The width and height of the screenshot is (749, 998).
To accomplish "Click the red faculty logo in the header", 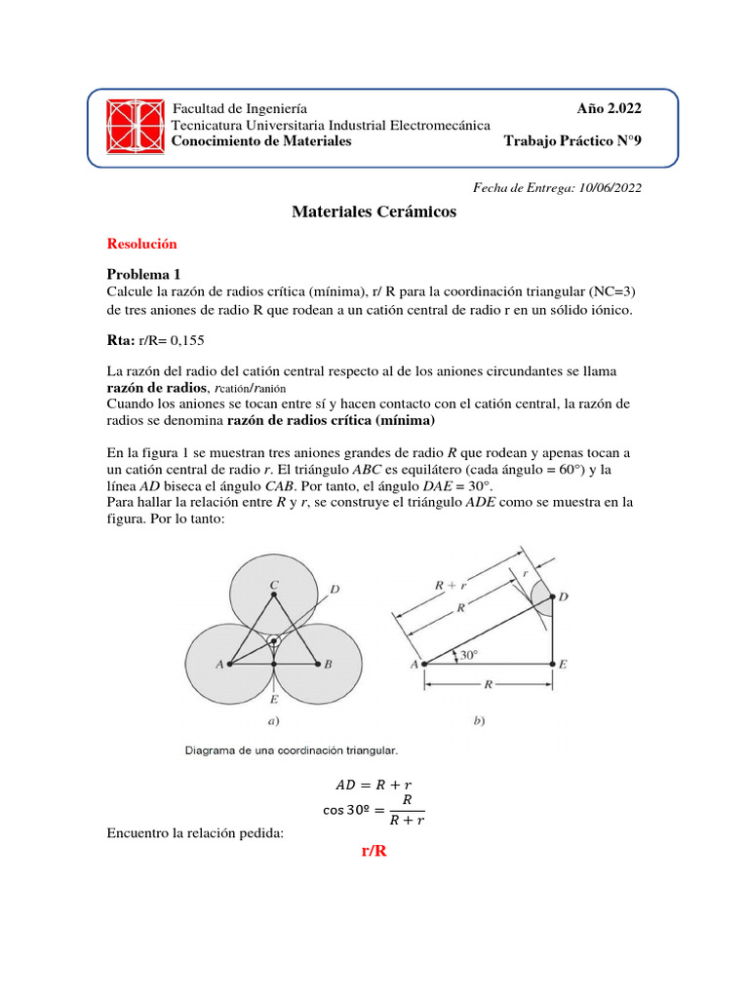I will tap(136, 127).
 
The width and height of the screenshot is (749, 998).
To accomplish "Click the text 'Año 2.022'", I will tap(610, 108).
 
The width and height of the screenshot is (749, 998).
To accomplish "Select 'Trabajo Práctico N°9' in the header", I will tap(572, 141).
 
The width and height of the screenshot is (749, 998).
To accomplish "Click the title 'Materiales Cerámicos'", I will tap(374, 212).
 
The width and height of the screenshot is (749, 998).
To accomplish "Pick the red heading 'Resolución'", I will tap(141, 244).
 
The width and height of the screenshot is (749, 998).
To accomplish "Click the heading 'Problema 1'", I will tap(143, 275).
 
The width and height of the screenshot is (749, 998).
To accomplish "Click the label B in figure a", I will tap(329, 665).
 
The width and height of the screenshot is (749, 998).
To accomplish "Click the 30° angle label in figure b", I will tap(469, 656).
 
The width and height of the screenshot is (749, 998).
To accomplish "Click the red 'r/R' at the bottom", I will tap(374, 852).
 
